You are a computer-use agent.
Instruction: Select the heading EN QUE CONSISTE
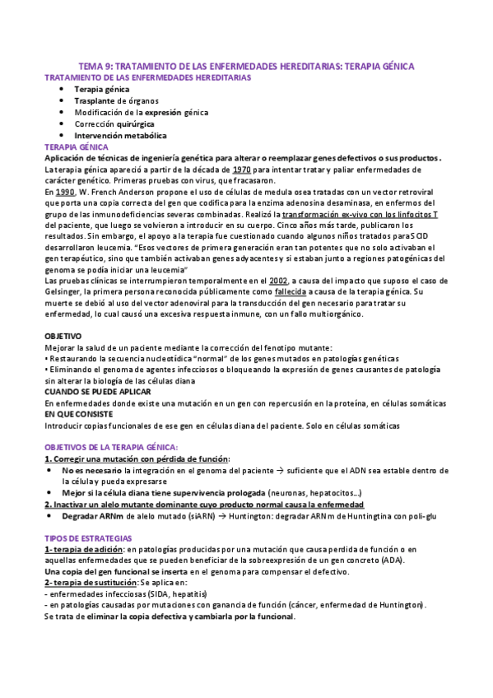pyautogui.click(x=80, y=415)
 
